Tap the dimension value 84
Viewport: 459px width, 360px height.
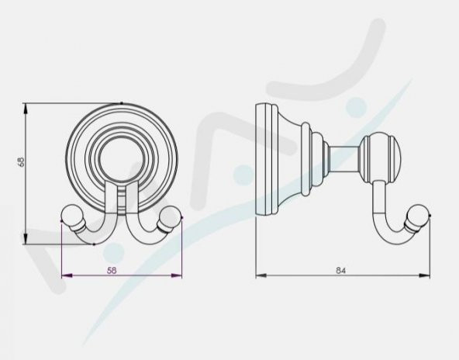[341, 269]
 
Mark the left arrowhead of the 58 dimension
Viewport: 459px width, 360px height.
[64, 275]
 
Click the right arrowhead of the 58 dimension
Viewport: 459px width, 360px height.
[179, 275]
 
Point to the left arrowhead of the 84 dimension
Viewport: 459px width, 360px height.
[259, 275]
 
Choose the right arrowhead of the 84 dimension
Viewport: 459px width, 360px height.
[428, 275]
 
